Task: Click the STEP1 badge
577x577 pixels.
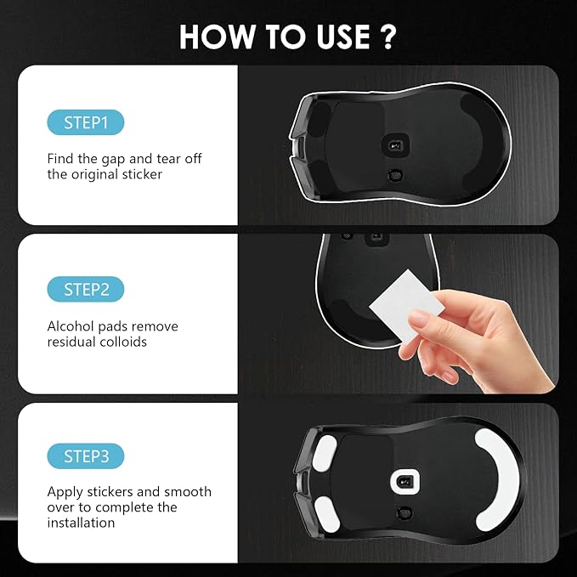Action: click(86, 122)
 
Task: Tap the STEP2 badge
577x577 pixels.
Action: click(86, 290)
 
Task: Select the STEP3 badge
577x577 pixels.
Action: click(86, 456)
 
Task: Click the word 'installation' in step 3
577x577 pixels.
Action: click(82, 523)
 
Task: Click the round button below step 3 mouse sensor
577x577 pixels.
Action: click(402, 512)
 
